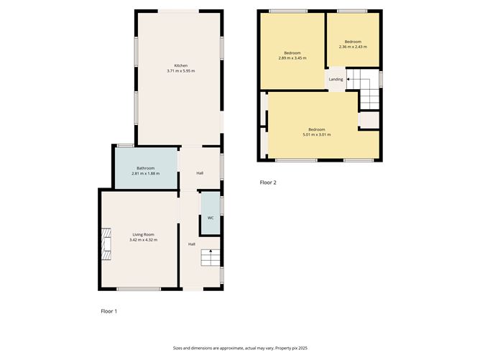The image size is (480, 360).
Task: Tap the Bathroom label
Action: pos(146,168)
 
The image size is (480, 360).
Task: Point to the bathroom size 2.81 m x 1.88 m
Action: pos(146,174)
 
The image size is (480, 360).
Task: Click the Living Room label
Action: pos(143,234)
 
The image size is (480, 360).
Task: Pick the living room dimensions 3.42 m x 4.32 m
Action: pos(143,240)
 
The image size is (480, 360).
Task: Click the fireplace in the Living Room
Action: pos(106,243)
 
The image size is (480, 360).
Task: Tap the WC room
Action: pos(211,217)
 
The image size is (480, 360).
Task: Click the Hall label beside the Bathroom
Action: pos(200,173)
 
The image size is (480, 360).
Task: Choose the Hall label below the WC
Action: pos(192,244)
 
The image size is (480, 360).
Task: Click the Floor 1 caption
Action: pos(109,311)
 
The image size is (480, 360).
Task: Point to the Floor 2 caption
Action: pos(268,183)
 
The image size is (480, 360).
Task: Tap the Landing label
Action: pos(336,79)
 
